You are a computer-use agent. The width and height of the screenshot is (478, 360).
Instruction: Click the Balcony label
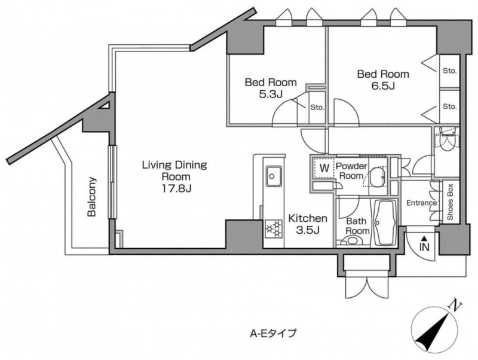point(91,197)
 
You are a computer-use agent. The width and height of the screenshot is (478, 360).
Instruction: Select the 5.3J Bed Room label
point(271,88)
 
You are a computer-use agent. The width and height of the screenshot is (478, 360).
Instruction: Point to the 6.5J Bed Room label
point(383,80)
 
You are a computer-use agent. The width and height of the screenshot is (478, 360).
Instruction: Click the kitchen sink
point(274,176)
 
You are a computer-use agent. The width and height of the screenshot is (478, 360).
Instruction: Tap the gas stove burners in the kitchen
point(274,229)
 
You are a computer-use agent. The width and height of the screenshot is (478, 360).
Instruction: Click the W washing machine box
point(324,169)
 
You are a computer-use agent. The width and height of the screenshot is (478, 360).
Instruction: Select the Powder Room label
point(351,171)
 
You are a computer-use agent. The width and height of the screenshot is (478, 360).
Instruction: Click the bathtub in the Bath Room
point(384,222)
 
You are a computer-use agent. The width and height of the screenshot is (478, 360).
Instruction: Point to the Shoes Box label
point(451,202)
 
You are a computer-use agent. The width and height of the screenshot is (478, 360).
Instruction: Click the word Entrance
point(422,203)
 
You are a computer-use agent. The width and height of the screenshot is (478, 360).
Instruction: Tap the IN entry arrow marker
point(424,243)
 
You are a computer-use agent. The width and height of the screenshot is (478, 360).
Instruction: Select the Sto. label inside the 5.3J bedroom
point(317,108)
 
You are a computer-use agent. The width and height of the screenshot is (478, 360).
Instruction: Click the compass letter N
point(455,305)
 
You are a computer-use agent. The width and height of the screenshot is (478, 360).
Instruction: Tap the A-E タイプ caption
point(273,333)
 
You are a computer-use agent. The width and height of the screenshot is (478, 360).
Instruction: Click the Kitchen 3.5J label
point(308,224)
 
